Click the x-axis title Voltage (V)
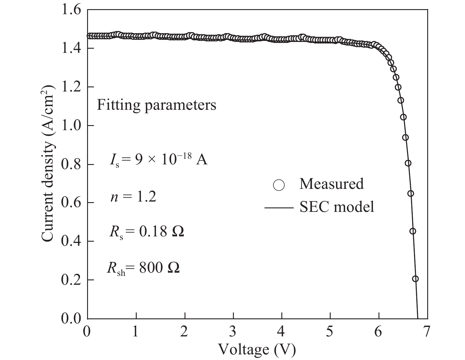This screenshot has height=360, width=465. (257, 350)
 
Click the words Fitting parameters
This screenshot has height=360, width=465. (156, 105)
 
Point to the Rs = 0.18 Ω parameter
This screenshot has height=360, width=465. (146, 233)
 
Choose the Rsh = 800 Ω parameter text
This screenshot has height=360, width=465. (143, 269)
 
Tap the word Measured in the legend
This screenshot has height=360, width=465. (332, 184)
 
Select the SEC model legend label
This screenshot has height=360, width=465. (337, 207)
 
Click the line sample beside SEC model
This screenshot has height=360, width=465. (279, 208)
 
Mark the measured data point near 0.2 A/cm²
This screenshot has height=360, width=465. (415, 279)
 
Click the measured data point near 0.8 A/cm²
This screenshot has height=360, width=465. (408, 163)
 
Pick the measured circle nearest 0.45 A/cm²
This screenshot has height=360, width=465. (413, 231)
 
